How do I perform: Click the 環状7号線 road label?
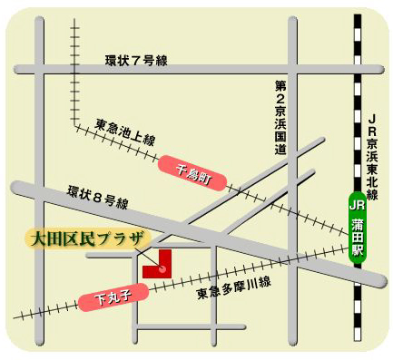[x=136, y=61]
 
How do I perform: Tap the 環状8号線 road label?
[x=97, y=198]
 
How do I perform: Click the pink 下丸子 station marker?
[x=108, y=297]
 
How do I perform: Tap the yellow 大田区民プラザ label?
[x=86, y=239]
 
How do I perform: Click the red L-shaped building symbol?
[x=158, y=262]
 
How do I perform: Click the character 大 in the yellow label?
[x=39, y=239]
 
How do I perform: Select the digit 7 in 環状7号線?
[x=136, y=61]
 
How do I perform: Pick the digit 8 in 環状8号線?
[x=98, y=198]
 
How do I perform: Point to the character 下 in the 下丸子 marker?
[x=95, y=301]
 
